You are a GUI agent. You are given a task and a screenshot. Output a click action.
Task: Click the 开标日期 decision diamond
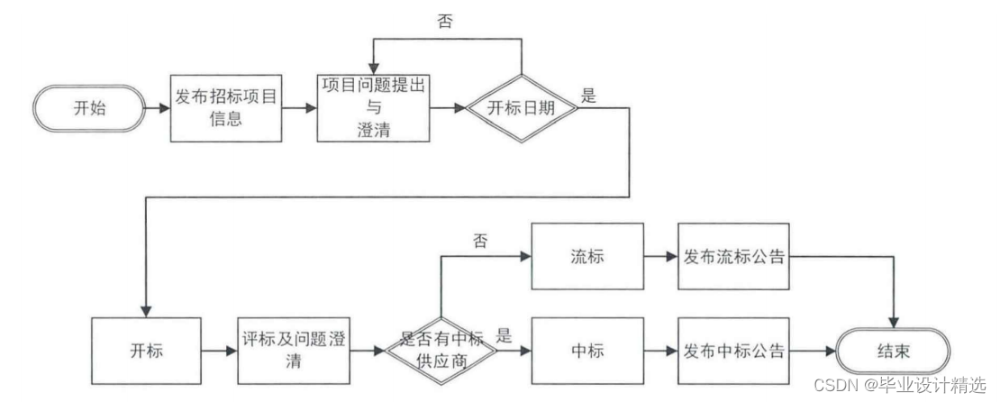(520, 108)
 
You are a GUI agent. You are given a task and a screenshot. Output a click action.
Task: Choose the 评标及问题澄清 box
(294, 350)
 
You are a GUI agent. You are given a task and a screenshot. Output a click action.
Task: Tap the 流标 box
(586, 256)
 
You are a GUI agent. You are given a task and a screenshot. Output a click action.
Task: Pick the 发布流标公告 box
(733, 256)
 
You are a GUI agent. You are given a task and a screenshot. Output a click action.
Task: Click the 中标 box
(586, 350)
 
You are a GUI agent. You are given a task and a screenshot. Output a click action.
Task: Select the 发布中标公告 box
(733, 350)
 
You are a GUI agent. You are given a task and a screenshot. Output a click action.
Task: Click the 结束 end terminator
(893, 351)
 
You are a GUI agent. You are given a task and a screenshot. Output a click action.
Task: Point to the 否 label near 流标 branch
(479, 242)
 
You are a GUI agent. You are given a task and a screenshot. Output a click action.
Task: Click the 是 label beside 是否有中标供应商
(505, 337)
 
